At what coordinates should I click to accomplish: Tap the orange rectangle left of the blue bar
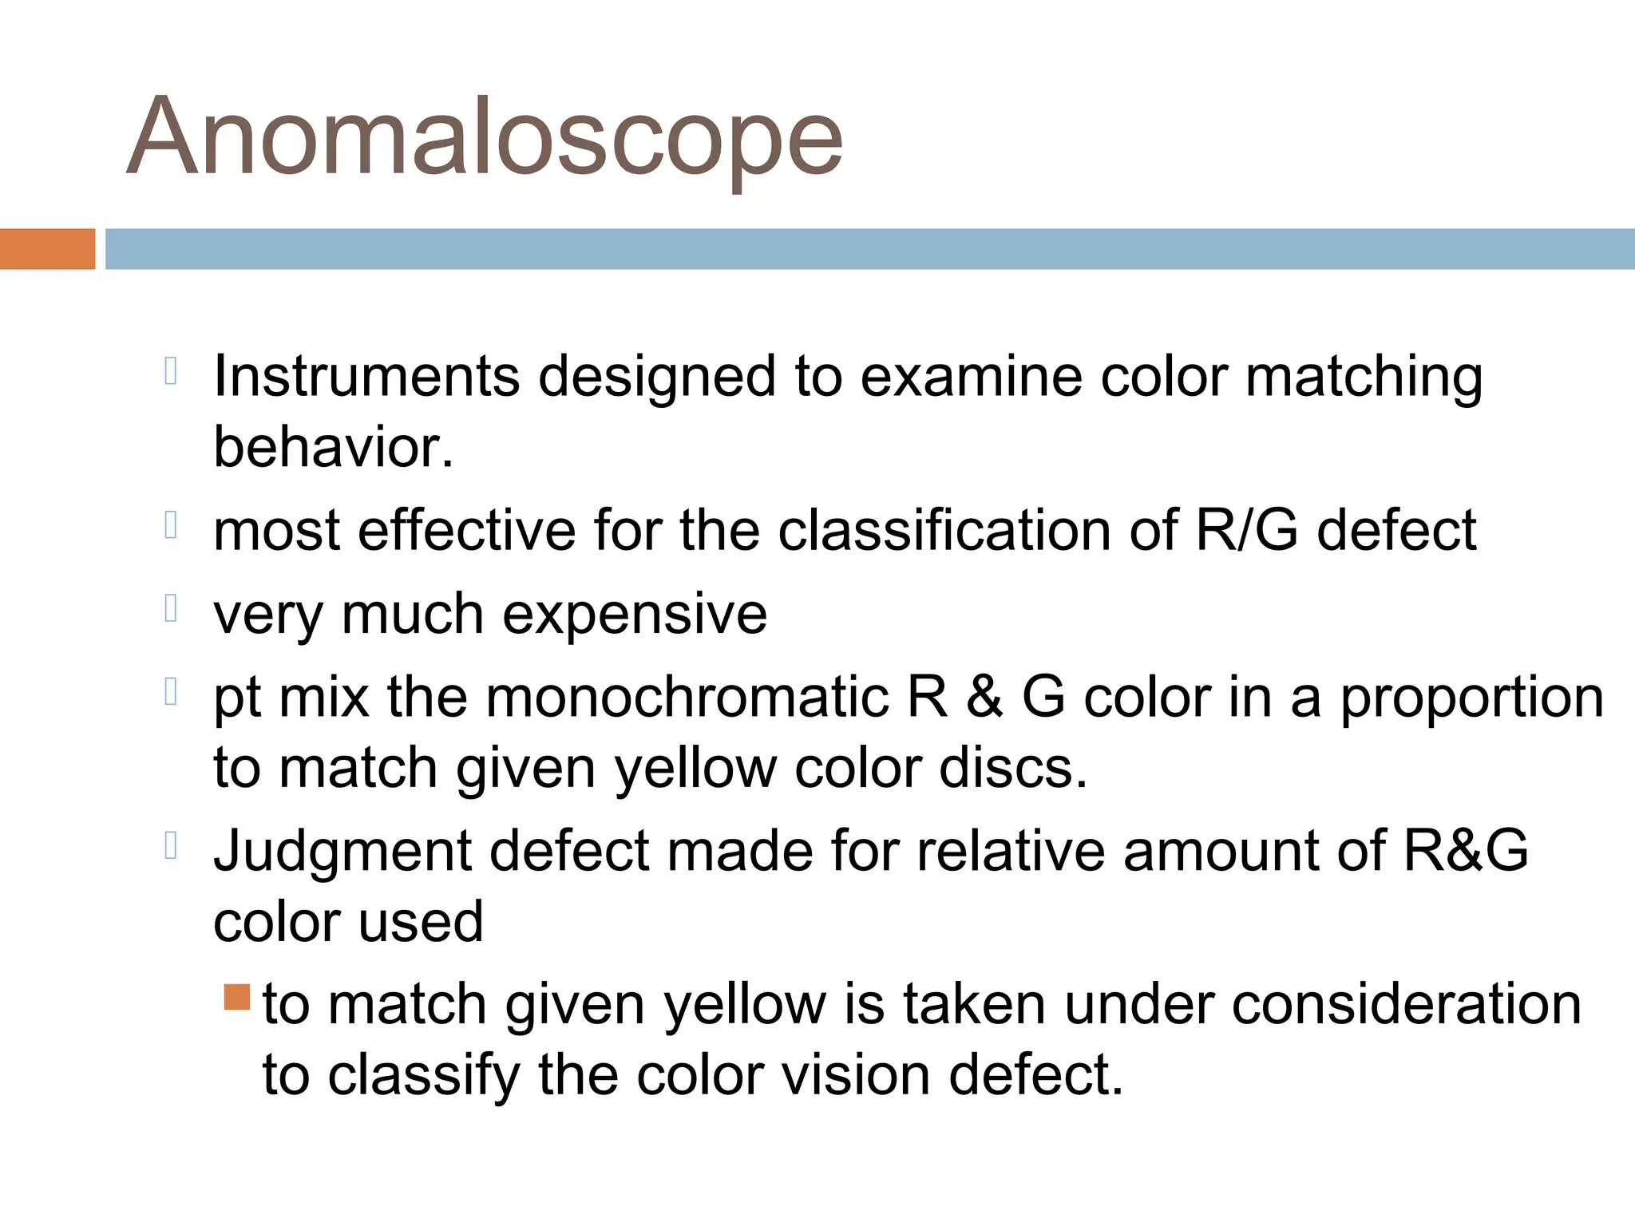pyautogui.click(x=47, y=249)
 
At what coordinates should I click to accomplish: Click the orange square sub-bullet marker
pyautogui.click(x=237, y=997)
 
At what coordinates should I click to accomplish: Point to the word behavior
pyautogui.click(x=333, y=447)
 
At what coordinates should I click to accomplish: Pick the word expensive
pyautogui.click(x=635, y=614)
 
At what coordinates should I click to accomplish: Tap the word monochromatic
pyautogui.click(x=687, y=697)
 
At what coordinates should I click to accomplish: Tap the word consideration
pyautogui.click(x=1406, y=1004)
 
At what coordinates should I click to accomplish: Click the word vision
pyautogui.click(x=855, y=1075)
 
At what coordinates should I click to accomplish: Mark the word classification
pyautogui.click(x=944, y=530)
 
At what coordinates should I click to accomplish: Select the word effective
pyautogui.click(x=466, y=530)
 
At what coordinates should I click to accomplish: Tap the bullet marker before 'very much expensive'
pyautogui.click(x=170, y=609)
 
